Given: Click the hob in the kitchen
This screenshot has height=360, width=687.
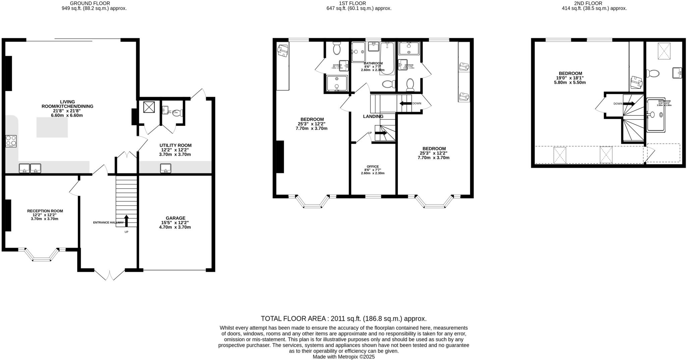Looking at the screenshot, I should [11, 141].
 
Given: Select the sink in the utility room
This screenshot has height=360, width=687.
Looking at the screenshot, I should [165, 168].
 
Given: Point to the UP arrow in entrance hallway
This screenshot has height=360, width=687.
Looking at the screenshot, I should [126, 221].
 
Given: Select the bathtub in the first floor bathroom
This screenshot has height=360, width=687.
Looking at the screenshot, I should [387, 58].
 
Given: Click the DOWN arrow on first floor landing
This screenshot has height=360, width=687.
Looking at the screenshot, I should [406, 103].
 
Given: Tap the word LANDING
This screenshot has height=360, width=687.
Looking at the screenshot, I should [373, 116].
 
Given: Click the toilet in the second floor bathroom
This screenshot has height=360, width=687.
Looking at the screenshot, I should [652, 73].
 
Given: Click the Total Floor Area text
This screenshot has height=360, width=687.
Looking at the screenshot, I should [343, 318].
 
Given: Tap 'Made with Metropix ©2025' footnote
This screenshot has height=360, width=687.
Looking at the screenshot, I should [343, 357].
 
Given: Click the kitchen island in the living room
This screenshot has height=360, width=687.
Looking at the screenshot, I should [52, 127].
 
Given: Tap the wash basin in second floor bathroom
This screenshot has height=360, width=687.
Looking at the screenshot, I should [677, 73].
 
